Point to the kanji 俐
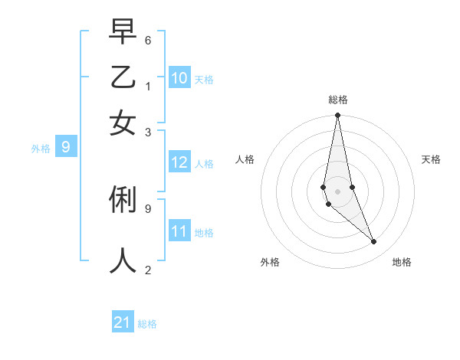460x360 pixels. click(x=123, y=201)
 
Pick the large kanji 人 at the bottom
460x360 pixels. click(x=123, y=260)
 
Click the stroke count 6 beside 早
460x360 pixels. click(x=148, y=38)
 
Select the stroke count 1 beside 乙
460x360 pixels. click(x=148, y=85)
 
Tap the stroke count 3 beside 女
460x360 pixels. click(x=148, y=132)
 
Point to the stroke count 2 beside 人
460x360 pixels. click(x=148, y=270)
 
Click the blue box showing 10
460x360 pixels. click(x=179, y=78)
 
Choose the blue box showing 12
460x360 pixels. click(x=179, y=162)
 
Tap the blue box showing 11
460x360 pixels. click(x=179, y=231)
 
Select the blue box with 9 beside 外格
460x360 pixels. click(x=66, y=148)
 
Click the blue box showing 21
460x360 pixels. click(x=123, y=322)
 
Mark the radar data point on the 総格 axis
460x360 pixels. click(x=337, y=116)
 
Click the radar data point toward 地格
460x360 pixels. click(x=374, y=242)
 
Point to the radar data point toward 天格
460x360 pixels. click(x=352, y=187)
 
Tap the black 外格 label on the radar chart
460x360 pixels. click(x=270, y=262)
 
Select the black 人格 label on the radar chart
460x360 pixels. click(x=245, y=159)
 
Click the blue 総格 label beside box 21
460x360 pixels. click(x=147, y=324)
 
